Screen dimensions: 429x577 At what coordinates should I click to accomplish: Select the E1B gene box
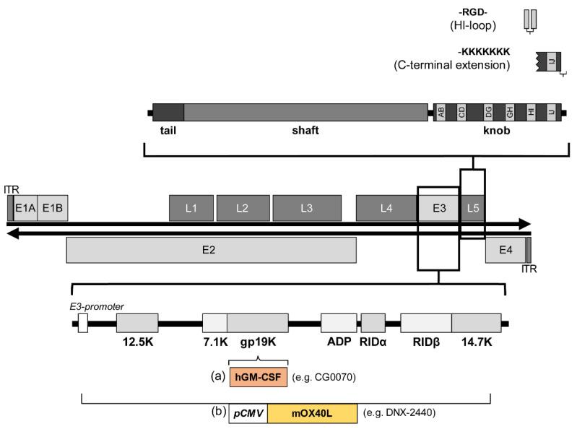tap(53, 208)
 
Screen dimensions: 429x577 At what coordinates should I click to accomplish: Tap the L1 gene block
tap(191, 208)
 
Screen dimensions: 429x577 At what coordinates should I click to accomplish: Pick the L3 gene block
tap(306, 208)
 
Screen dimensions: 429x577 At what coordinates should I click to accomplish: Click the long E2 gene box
tap(210, 250)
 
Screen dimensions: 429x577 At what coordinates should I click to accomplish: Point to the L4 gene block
tap(386, 208)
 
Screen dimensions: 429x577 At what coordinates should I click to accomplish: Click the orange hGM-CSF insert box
tap(259, 376)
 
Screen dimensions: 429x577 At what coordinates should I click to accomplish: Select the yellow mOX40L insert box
tap(312, 413)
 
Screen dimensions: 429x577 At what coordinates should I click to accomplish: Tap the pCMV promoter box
tap(248, 413)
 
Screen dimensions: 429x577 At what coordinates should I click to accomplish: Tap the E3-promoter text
tap(90, 305)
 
